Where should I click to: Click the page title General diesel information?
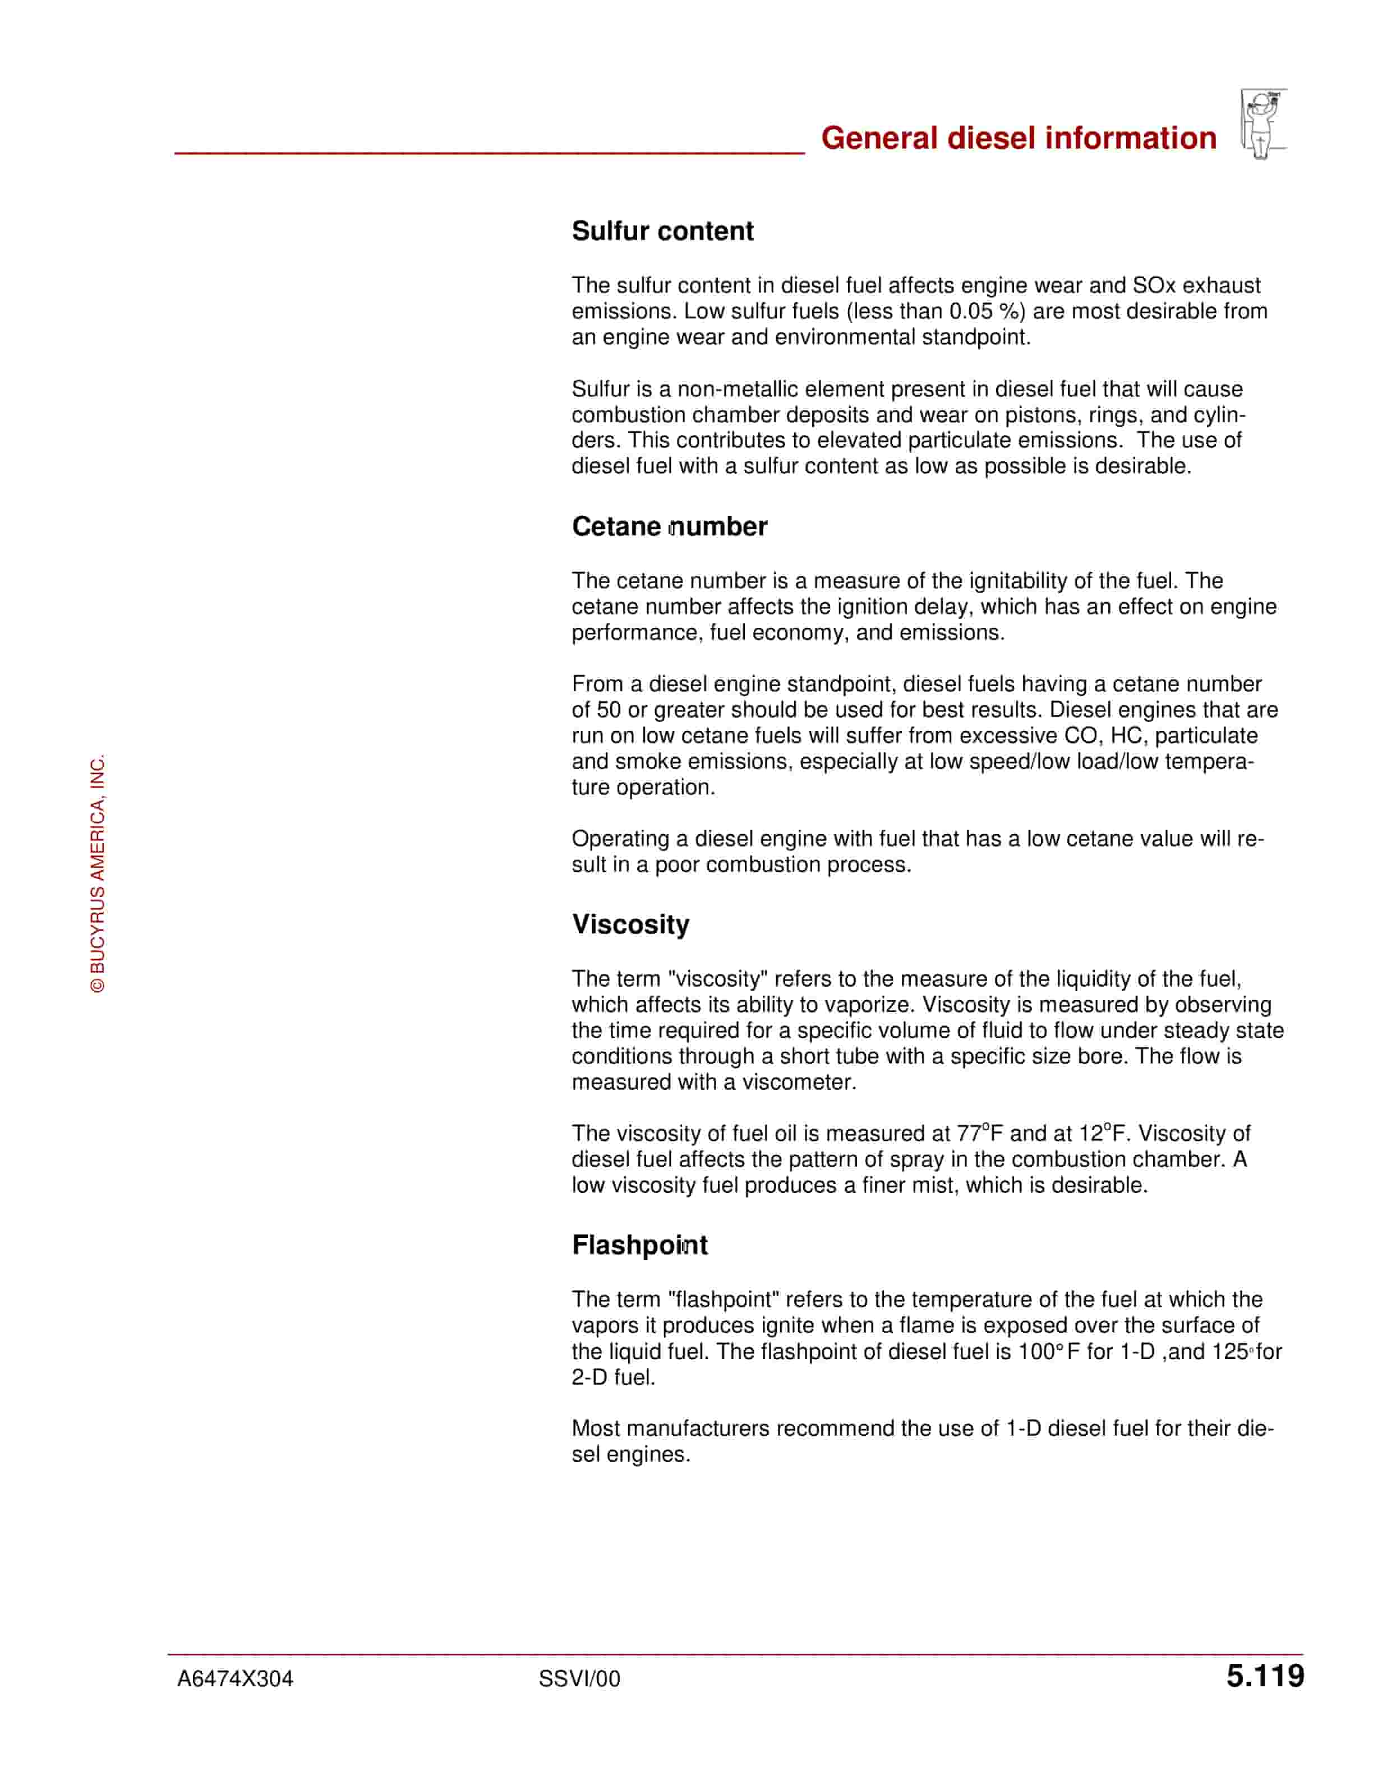click(x=1019, y=138)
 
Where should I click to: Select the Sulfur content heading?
click(x=662, y=231)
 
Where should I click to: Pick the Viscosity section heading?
click(x=630, y=924)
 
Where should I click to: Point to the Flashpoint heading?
click(x=639, y=1245)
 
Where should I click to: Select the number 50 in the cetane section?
click(x=609, y=710)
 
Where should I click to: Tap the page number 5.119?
click(x=1265, y=1676)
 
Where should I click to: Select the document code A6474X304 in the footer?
click(x=235, y=1678)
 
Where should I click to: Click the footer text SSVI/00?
click(x=579, y=1678)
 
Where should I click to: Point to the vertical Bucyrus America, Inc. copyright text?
click(x=98, y=874)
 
